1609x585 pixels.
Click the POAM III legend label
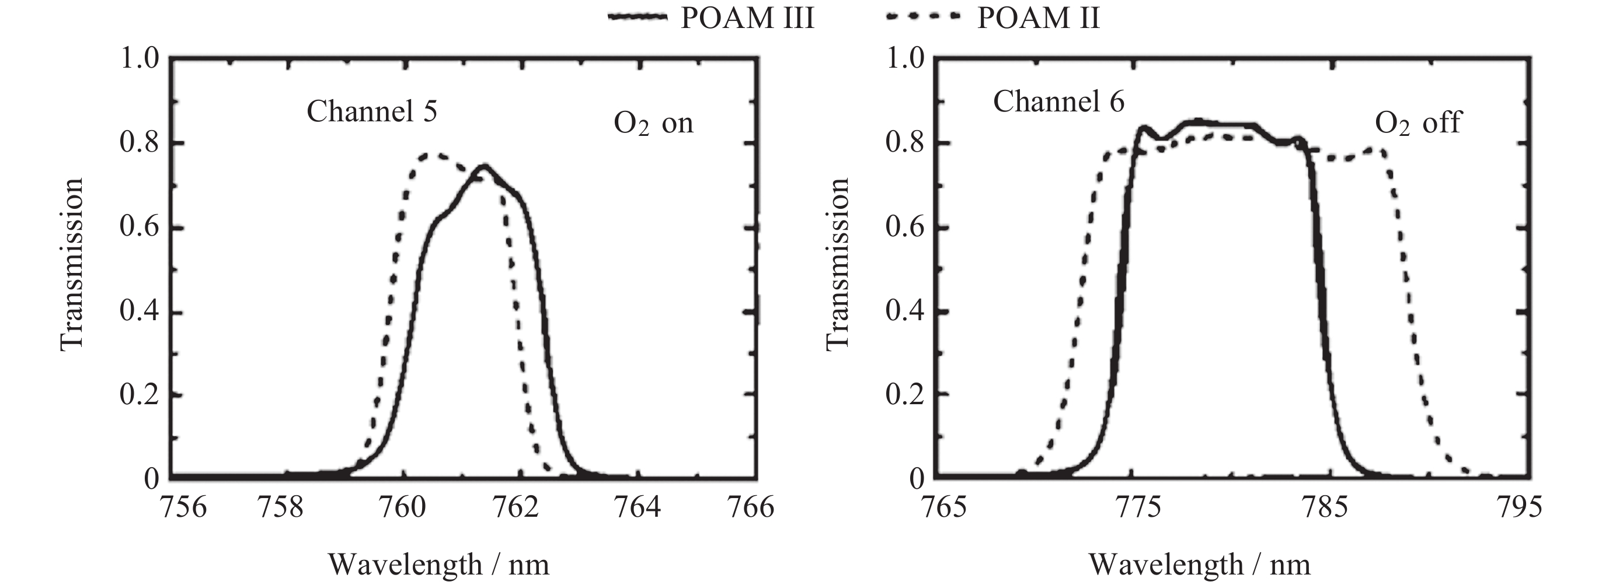pos(747,18)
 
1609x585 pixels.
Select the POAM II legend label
pos(1038,18)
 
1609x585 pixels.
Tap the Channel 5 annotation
pos(372,112)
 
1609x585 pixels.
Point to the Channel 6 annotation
pos(1058,101)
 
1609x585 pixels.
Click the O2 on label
pos(653,123)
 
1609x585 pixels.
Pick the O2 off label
pos(1418,122)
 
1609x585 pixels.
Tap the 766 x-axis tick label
pos(754,507)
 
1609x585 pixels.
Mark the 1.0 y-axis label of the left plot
pos(139,59)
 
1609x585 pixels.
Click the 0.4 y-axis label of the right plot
pos(904,311)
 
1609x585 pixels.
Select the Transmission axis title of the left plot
pos(72,265)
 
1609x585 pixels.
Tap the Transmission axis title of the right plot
pos(838,265)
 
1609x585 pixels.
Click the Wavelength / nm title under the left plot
pos(439,565)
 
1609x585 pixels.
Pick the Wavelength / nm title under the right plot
pos(1200,565)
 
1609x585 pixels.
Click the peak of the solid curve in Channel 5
pos(483,166)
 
